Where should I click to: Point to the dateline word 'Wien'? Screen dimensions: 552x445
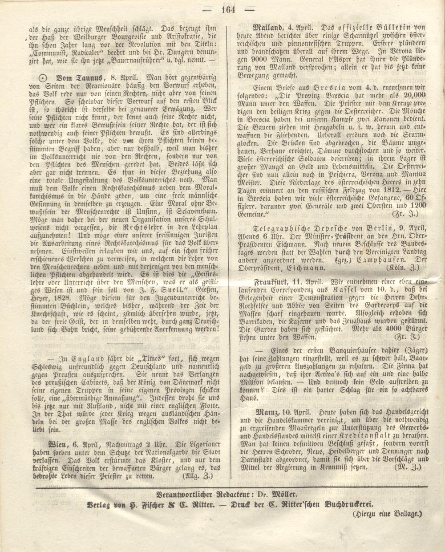58,444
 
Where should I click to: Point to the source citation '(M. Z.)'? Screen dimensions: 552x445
408,468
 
